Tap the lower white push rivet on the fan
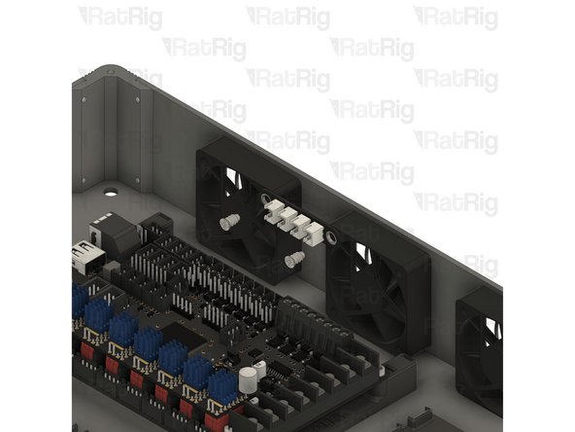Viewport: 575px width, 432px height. point(296,259)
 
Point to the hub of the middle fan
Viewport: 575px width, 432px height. point(377,292)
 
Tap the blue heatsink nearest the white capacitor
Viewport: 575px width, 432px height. point(222,385)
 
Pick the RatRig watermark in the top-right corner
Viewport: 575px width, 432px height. point(456,17)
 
